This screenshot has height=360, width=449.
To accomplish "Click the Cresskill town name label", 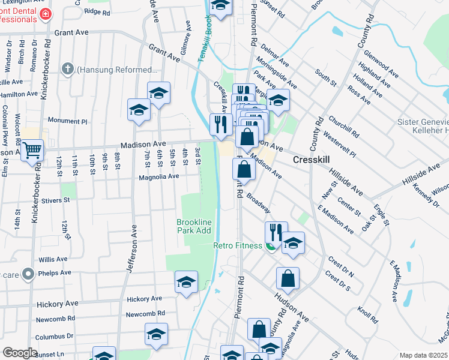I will (x=313, y=160).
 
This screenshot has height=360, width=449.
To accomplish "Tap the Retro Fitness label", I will (x=238, y=245).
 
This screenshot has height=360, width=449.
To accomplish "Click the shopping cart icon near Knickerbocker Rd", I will (x=32, y=149).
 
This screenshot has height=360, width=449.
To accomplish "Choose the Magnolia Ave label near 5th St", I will (x=159, y=176).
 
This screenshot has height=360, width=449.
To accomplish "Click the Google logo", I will (x=20, y=353).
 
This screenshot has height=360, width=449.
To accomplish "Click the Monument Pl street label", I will (x=67, y=121).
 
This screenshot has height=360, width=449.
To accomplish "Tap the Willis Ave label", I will (x=53, y=259).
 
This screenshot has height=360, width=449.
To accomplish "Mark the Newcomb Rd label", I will (x=142, y=314).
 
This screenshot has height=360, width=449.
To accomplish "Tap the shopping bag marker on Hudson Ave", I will (x=288, y=279).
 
